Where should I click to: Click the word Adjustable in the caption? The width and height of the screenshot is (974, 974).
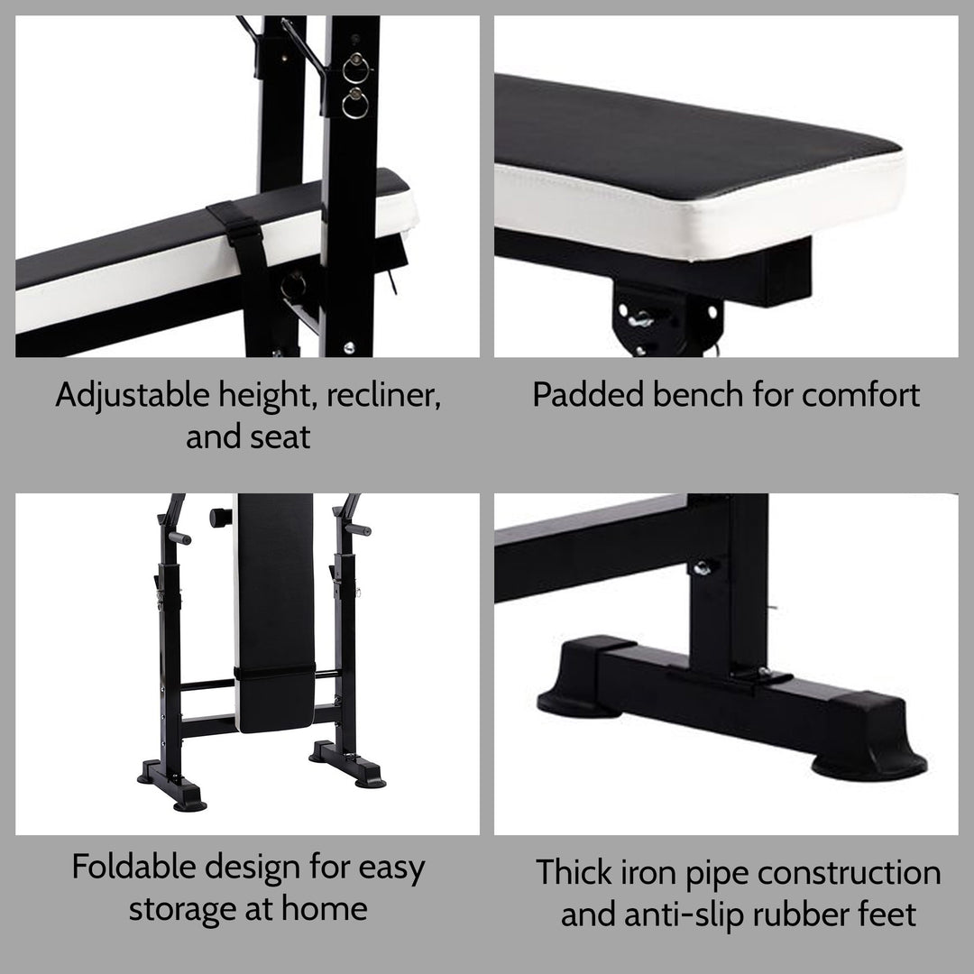(x=131, y=395)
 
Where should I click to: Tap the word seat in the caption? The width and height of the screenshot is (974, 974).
(x=280, y=436)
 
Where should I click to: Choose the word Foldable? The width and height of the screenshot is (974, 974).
(x=133, y=868)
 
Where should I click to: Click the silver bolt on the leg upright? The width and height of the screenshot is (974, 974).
(x=701, y=567)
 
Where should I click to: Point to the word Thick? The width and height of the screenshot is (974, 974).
(x=574, y=872)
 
